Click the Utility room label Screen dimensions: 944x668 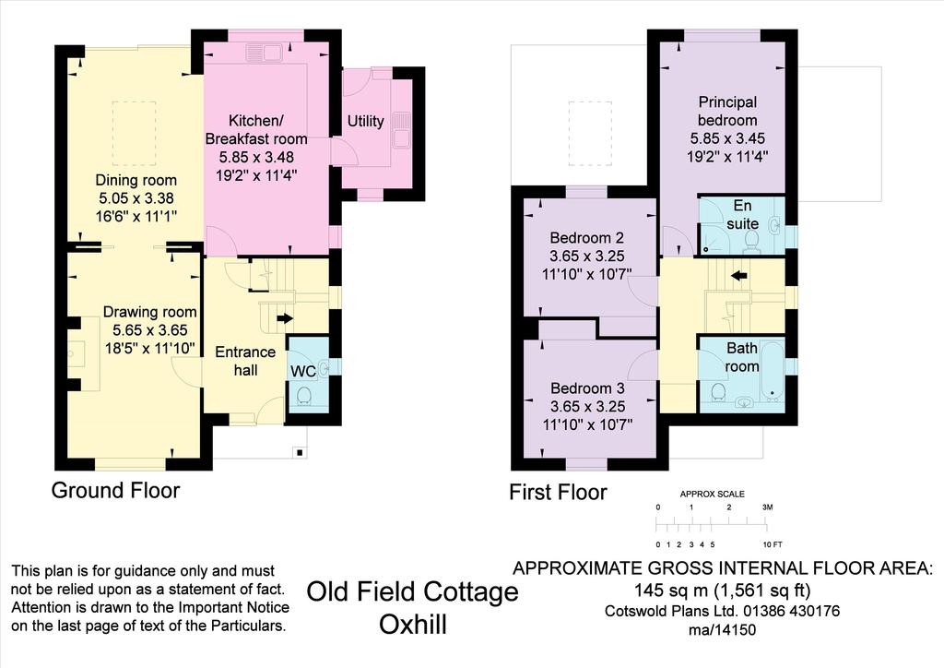click(x=365, y=121)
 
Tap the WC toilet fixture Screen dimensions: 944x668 click(x=303, y=395)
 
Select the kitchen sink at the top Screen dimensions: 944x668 click(x=265, y=53)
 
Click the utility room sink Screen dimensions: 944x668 click(x=402, y=130)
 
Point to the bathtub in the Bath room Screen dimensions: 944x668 click(x=773, y=371)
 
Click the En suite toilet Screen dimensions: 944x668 click(x=751, y=242)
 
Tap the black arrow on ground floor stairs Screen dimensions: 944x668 click(x=285, y=317)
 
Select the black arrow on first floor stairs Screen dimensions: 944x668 click(x=738, y=276)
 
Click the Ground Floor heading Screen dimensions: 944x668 click(x=115, y=490)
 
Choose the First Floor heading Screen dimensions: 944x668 click(x=558, y=492)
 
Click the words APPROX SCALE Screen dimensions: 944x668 click(x=713, y=494)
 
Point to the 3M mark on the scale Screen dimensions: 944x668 click(x=768, y=507)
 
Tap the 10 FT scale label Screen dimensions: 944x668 click(x=773, y=544)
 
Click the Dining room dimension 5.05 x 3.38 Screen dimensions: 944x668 click(x=136, y=198)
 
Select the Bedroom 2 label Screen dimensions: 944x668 click(x=587, y=238)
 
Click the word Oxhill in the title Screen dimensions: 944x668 click(x=413, y=625)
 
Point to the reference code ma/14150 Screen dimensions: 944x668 click(x=723, y=630)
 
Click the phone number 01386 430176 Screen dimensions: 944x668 click(x=791, y=611)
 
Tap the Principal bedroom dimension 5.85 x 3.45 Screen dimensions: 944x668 click(x=728, y=138)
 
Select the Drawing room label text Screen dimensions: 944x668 click(x=150, y=312)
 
